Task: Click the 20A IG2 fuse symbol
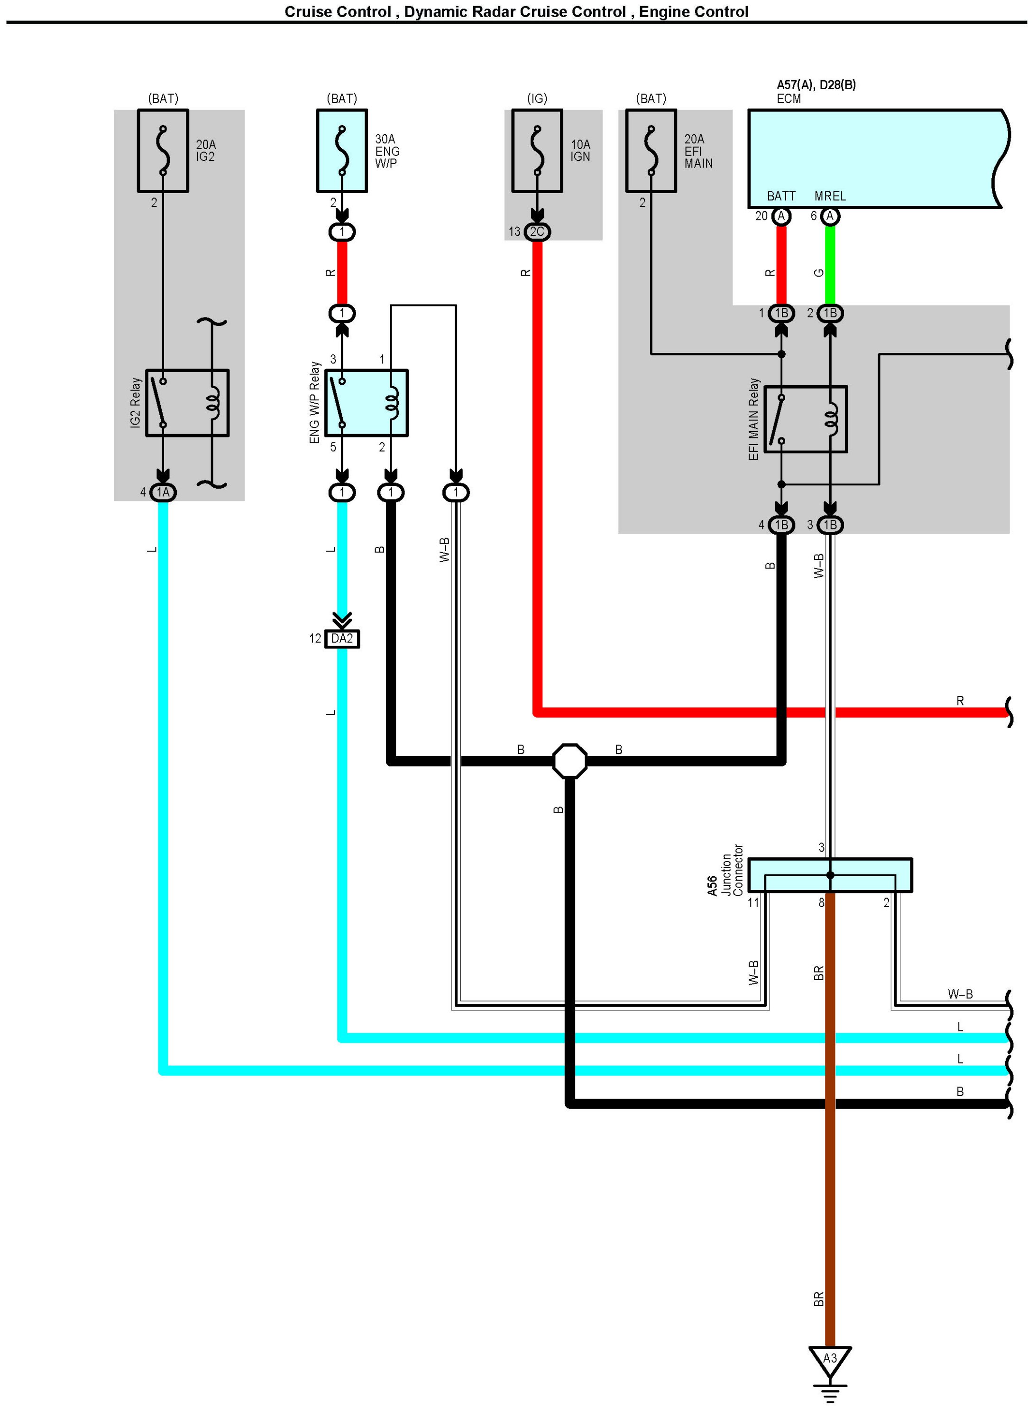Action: (x=163, y=150)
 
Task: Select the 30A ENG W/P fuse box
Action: (x=342, y=150)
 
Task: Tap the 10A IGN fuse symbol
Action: (x=537, y=150)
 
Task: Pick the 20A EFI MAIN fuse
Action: (x=651, y=150)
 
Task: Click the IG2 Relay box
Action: (x=187, y=403)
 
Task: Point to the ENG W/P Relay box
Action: (x=366, y=403)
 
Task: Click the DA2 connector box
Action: (x=342, y=639)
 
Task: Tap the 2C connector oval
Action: (x=537, y=232)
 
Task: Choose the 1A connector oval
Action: (x=163, y=492)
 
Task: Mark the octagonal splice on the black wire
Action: (x=569, y=761)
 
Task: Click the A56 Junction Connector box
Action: (x=830, y=874)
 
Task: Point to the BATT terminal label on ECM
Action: (x=781, y=196)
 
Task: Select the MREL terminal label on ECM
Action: (x=830, y=196)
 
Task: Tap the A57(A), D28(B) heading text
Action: (x=816, y=85)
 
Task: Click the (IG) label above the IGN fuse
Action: (x=537, y=99)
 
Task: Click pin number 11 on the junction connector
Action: (x=753, y=903)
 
